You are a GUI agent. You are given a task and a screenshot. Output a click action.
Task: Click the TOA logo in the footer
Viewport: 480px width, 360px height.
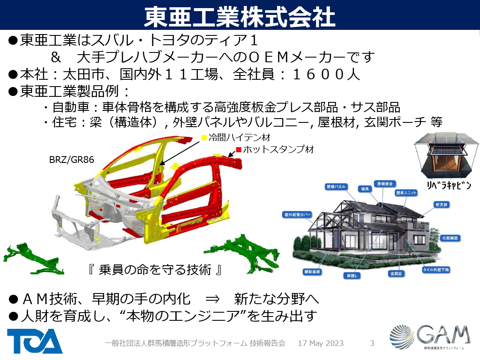click(35, 341)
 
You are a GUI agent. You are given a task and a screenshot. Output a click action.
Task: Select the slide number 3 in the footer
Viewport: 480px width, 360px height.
click(372, 343)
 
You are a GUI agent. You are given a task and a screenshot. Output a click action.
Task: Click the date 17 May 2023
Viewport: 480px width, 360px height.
click(320, 343)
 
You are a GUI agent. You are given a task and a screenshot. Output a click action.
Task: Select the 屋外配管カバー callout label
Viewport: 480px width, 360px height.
click(297, 215)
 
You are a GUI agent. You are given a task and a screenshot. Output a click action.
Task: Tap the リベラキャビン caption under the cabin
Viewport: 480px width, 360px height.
click(449, 186)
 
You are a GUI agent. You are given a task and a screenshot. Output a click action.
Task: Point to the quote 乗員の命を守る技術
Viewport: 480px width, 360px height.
click(155, 270)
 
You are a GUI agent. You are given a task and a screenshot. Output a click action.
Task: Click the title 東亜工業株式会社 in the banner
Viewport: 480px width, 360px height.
click(239, 15)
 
